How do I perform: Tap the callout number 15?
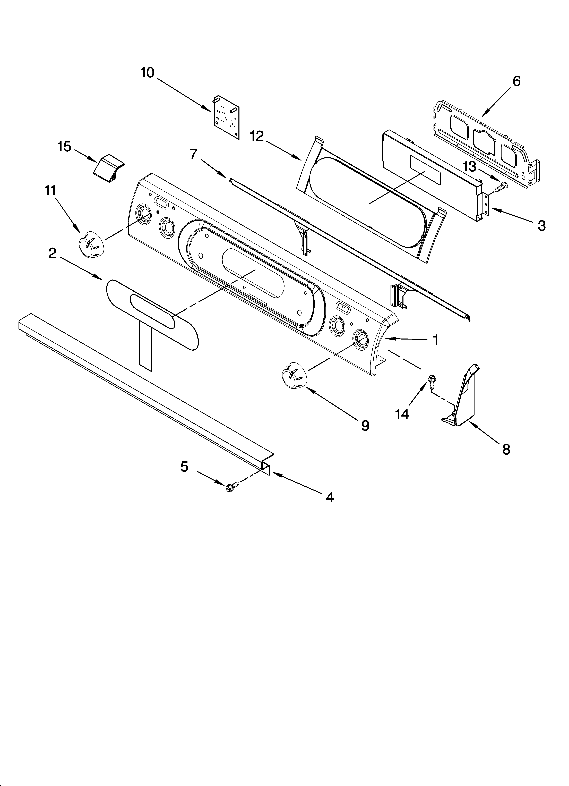click(x=64, y=147)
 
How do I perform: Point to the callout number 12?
click(x=257, y=137)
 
